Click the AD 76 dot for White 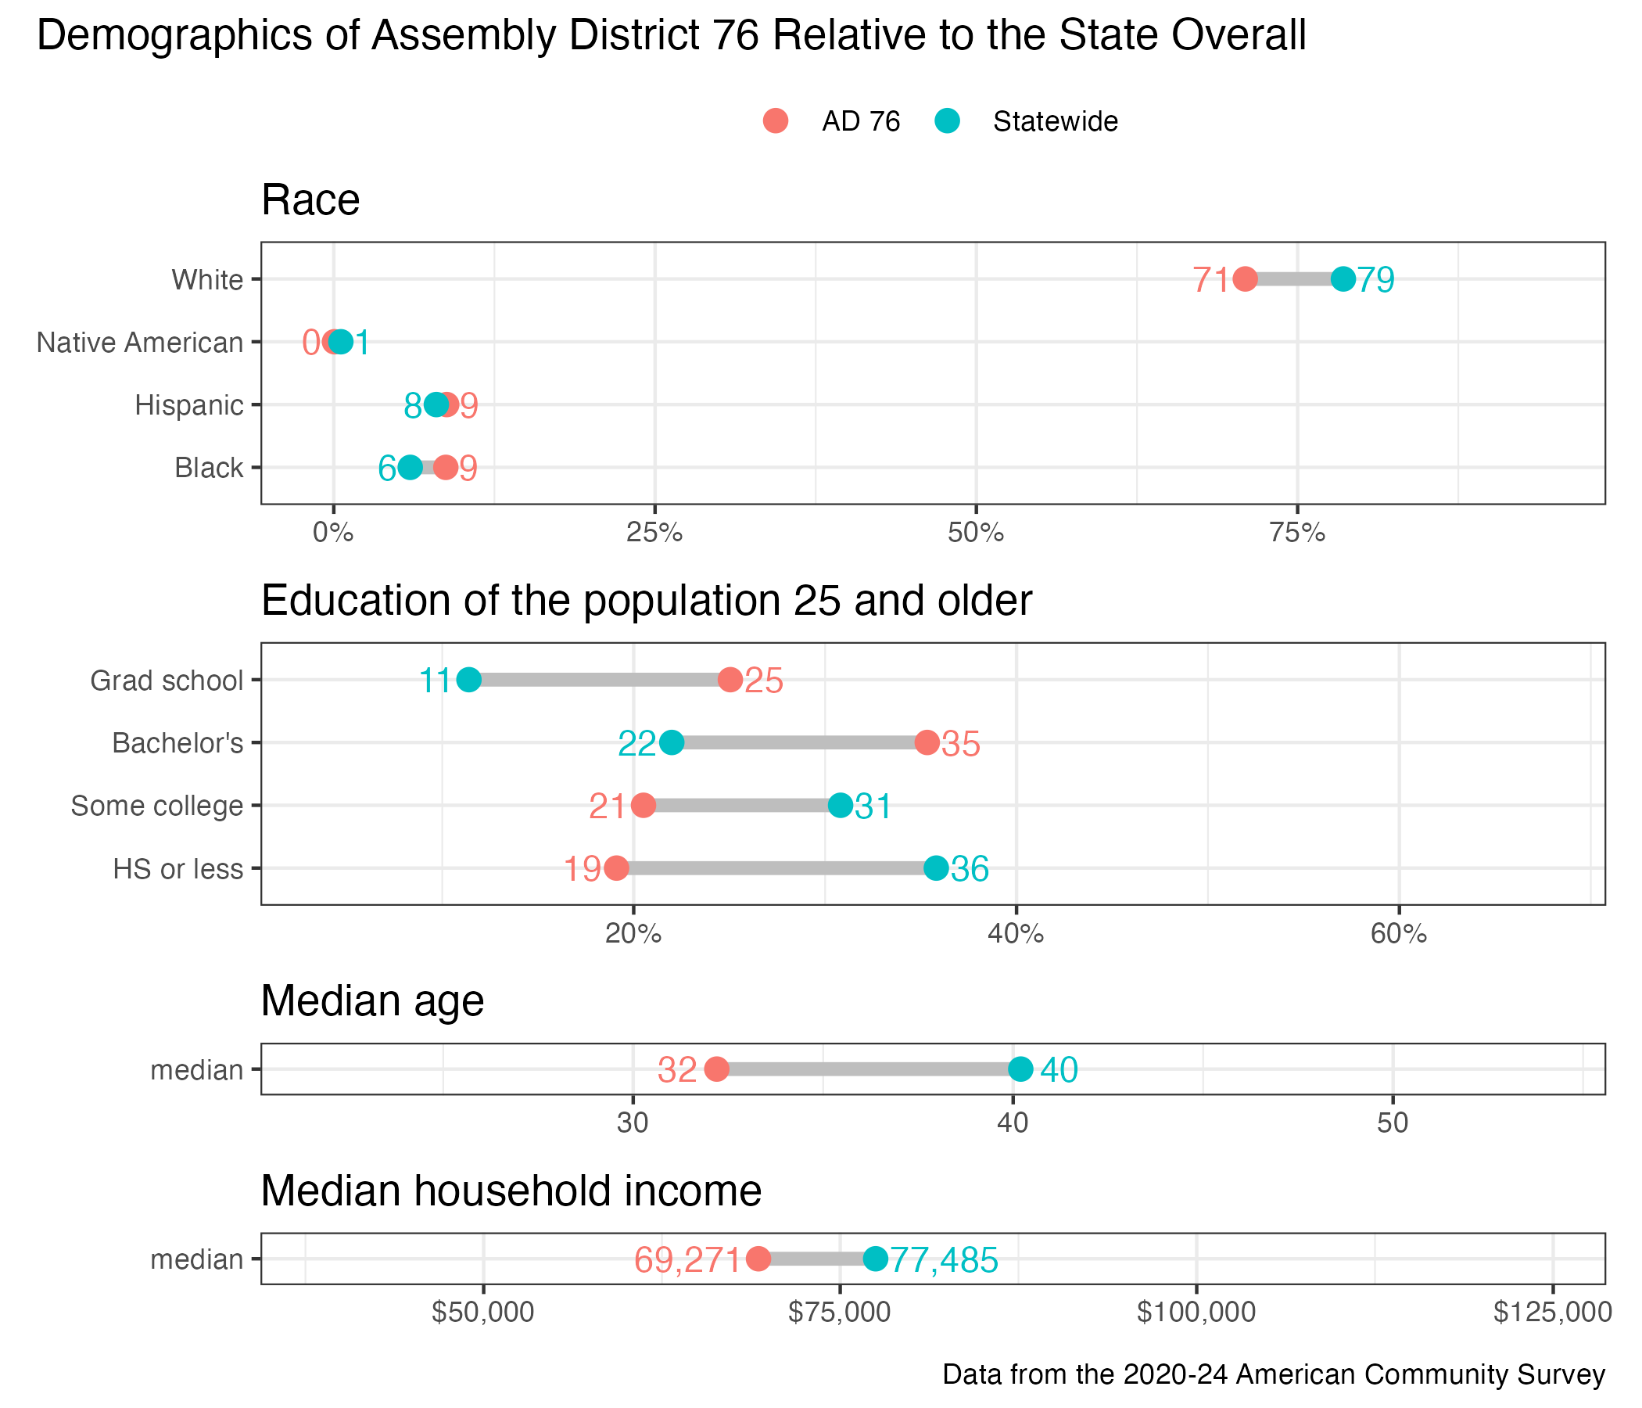1245,279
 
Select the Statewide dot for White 1343,279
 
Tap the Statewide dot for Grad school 469,680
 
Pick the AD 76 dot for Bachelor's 927,743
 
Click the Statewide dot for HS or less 936,868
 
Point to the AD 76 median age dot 716,1069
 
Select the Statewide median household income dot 875,1258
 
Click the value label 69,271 687,1259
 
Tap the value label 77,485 944,1259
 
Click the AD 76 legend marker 776,121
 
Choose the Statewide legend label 1055,122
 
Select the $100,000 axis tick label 1196,1312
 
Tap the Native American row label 139,343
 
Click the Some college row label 157,806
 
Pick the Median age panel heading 372,1000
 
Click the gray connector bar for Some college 741,806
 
